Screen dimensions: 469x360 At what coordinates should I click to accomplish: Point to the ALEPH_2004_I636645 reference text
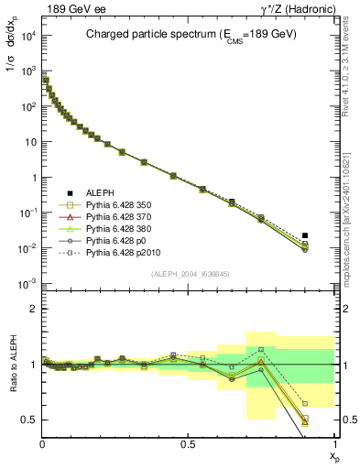coord(188,274)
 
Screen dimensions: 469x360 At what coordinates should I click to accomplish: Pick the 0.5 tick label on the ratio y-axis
coord(29,420)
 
